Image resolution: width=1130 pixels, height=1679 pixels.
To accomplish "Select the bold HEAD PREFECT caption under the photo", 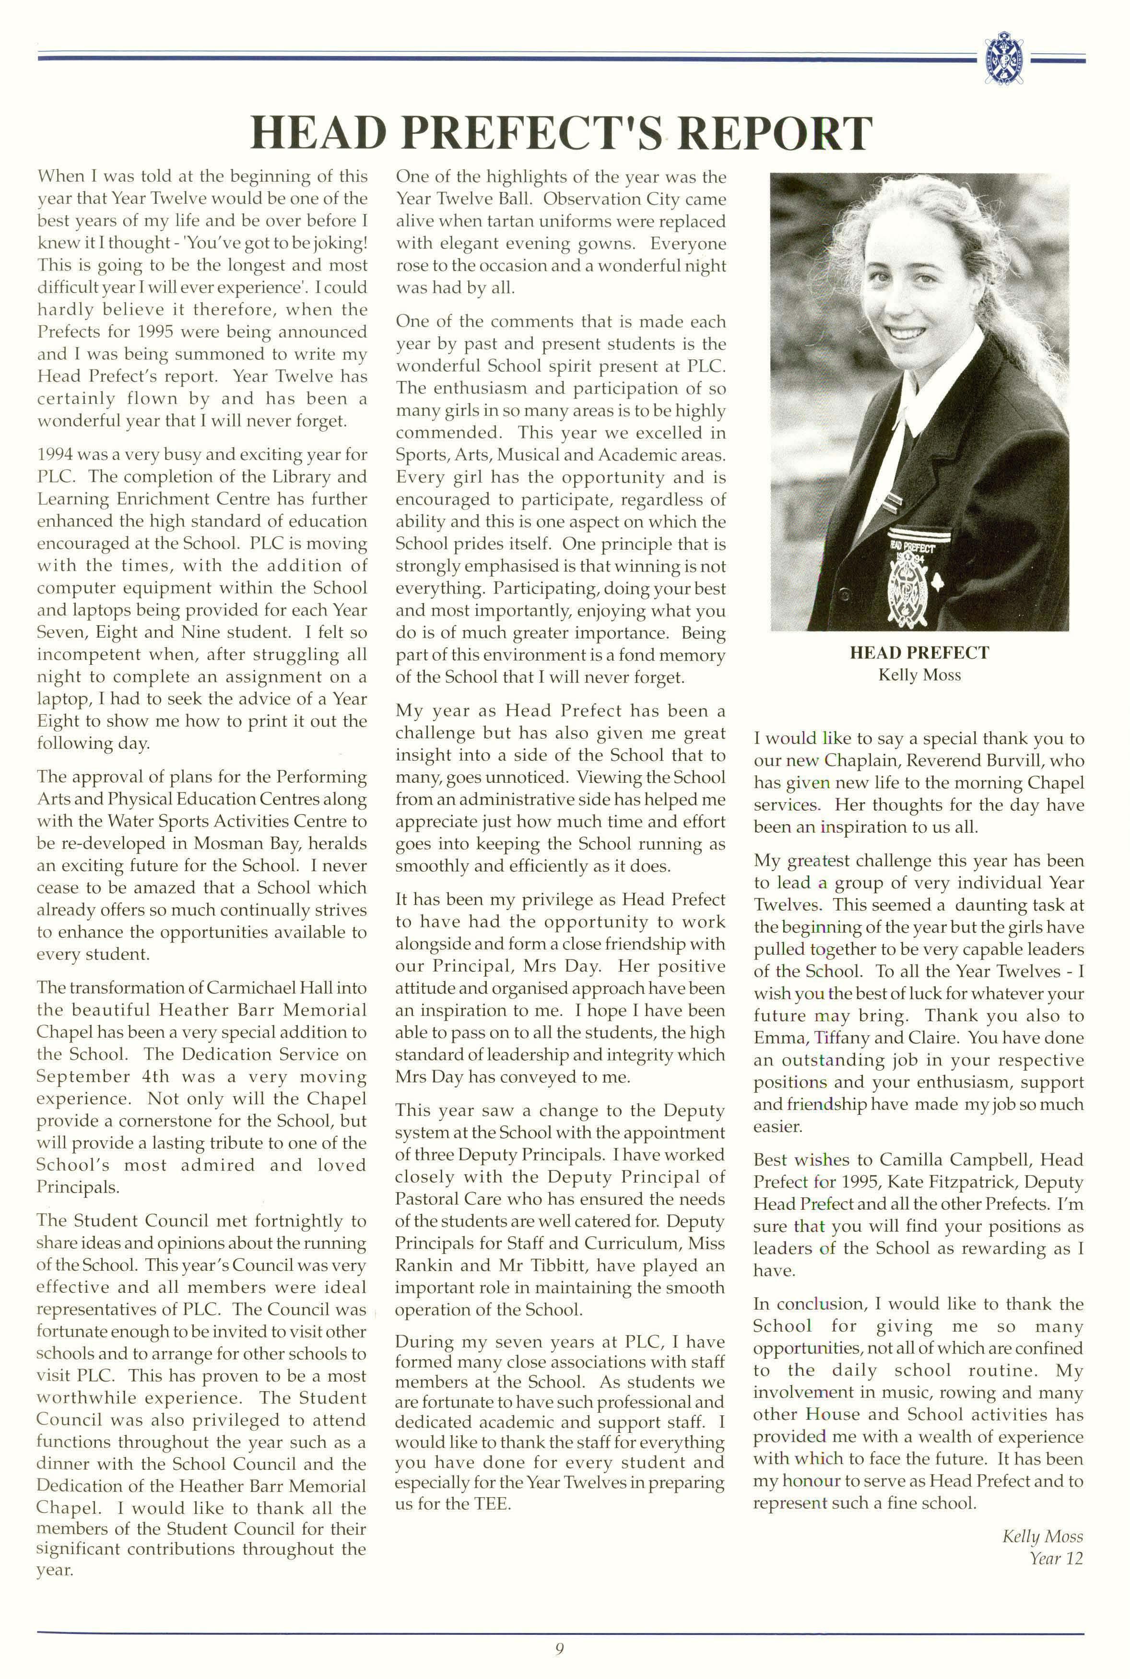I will (919, 653).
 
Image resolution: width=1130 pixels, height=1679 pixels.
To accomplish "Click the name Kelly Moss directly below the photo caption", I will (919, 675).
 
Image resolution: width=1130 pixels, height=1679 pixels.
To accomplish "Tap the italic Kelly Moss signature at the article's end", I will (1042, 1537).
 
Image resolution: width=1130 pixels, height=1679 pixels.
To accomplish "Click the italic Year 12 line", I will (1056, 1558).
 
